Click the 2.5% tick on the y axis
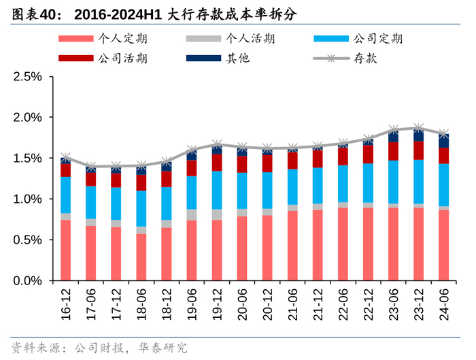27,77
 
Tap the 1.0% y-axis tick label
27,199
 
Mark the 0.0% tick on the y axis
27,281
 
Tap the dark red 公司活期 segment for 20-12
267,163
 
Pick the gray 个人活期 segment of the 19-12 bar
217,214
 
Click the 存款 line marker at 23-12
418,127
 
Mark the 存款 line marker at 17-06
91,167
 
